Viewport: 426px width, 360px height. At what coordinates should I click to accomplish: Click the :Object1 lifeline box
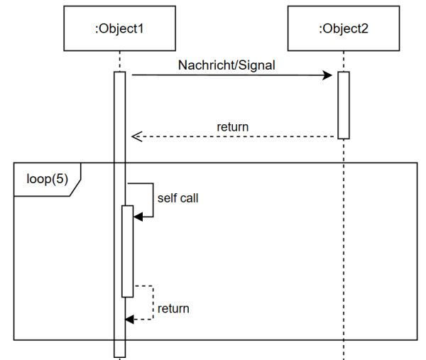[x=119, y=29]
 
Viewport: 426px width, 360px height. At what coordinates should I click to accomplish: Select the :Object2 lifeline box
[x=344, y=29]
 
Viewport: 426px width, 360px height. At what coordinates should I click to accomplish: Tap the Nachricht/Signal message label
[x=226, y=65]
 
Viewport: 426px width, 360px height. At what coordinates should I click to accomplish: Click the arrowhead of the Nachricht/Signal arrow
[x=329, y=75]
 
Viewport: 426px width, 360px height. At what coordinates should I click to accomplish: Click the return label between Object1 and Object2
[x=232, y=128]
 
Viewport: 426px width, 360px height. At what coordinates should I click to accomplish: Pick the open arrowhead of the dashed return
[x=136, y=136]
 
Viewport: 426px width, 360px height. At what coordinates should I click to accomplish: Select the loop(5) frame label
[x=47, y=179]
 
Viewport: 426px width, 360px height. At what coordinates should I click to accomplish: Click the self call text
[x=177, y=198]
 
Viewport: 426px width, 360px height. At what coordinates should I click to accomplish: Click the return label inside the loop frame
[x=173, y=308]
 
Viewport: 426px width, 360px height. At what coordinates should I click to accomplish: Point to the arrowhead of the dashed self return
[x=129, y=320]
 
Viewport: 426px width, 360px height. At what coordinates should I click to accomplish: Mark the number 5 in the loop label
[x=60, y=179]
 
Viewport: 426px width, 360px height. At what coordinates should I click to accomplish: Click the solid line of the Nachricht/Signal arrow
[x=227, y=75]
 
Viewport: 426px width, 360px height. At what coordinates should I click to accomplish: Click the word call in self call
[x=188, y=198]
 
